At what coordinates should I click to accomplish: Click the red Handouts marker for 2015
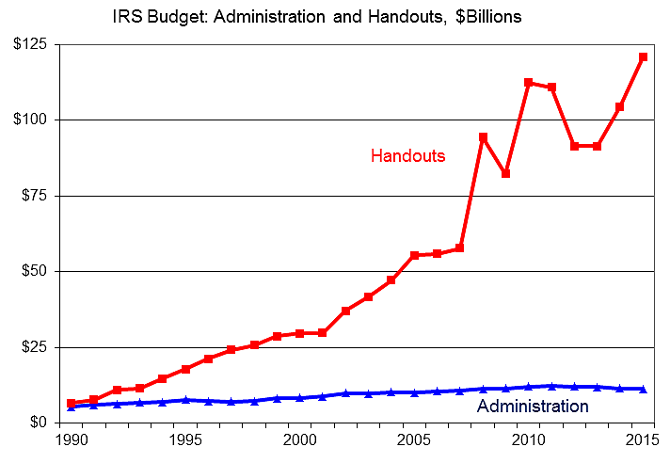tap(644, 57)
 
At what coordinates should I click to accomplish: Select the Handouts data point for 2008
tap(484, 137)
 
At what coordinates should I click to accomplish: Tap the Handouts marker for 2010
tap(529, 83)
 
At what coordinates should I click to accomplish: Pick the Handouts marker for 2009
tap(506, 173)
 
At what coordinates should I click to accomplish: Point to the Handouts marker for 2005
tap(415, 255)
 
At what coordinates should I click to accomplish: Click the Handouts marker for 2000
tap(300, 333)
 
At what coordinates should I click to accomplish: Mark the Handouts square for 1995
tap(185, 369)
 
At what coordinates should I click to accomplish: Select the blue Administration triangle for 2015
tap(644, 389)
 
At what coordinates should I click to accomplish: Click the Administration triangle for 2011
tap(552, 386)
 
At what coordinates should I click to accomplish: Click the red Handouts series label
tap(407, 156)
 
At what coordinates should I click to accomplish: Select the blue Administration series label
tap(533, 407)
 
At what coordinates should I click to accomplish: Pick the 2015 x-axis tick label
tap(644, 439)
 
